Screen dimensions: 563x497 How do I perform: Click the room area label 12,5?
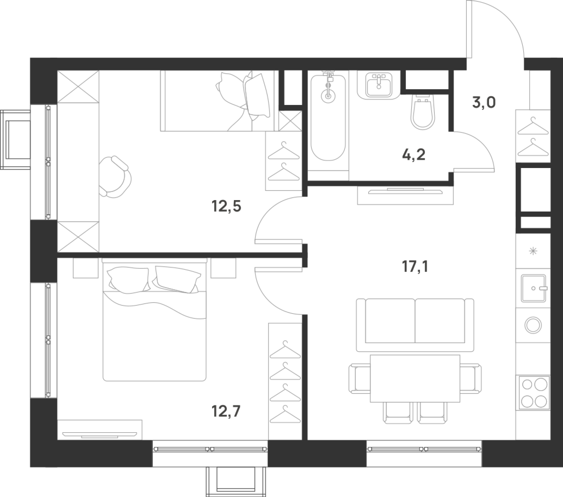pos(226,206)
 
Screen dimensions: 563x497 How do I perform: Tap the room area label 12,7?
pos(226,411)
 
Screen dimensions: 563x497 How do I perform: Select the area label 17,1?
pos(415,267)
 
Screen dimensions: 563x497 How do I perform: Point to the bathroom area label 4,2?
pos(414,155)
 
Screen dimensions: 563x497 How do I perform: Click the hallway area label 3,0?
pos(484,102)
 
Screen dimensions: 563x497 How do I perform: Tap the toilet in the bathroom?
pos(423,112)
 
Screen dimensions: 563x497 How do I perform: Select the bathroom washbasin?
pos(379,84)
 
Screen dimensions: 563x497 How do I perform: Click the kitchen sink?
pos(533,288)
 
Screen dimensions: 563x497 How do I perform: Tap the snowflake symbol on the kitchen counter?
pos(533,251)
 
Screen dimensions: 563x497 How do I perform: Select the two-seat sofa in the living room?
pos(415,325)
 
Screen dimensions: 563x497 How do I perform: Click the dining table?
pos(415,378)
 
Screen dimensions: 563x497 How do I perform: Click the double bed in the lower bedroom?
pos(155,320)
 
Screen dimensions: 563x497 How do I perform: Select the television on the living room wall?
pos(405,191)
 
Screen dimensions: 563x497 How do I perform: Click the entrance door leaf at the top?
pos(469,29)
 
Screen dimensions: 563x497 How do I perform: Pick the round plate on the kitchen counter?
pos(533,325)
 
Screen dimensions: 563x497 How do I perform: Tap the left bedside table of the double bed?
pos(86,268)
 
